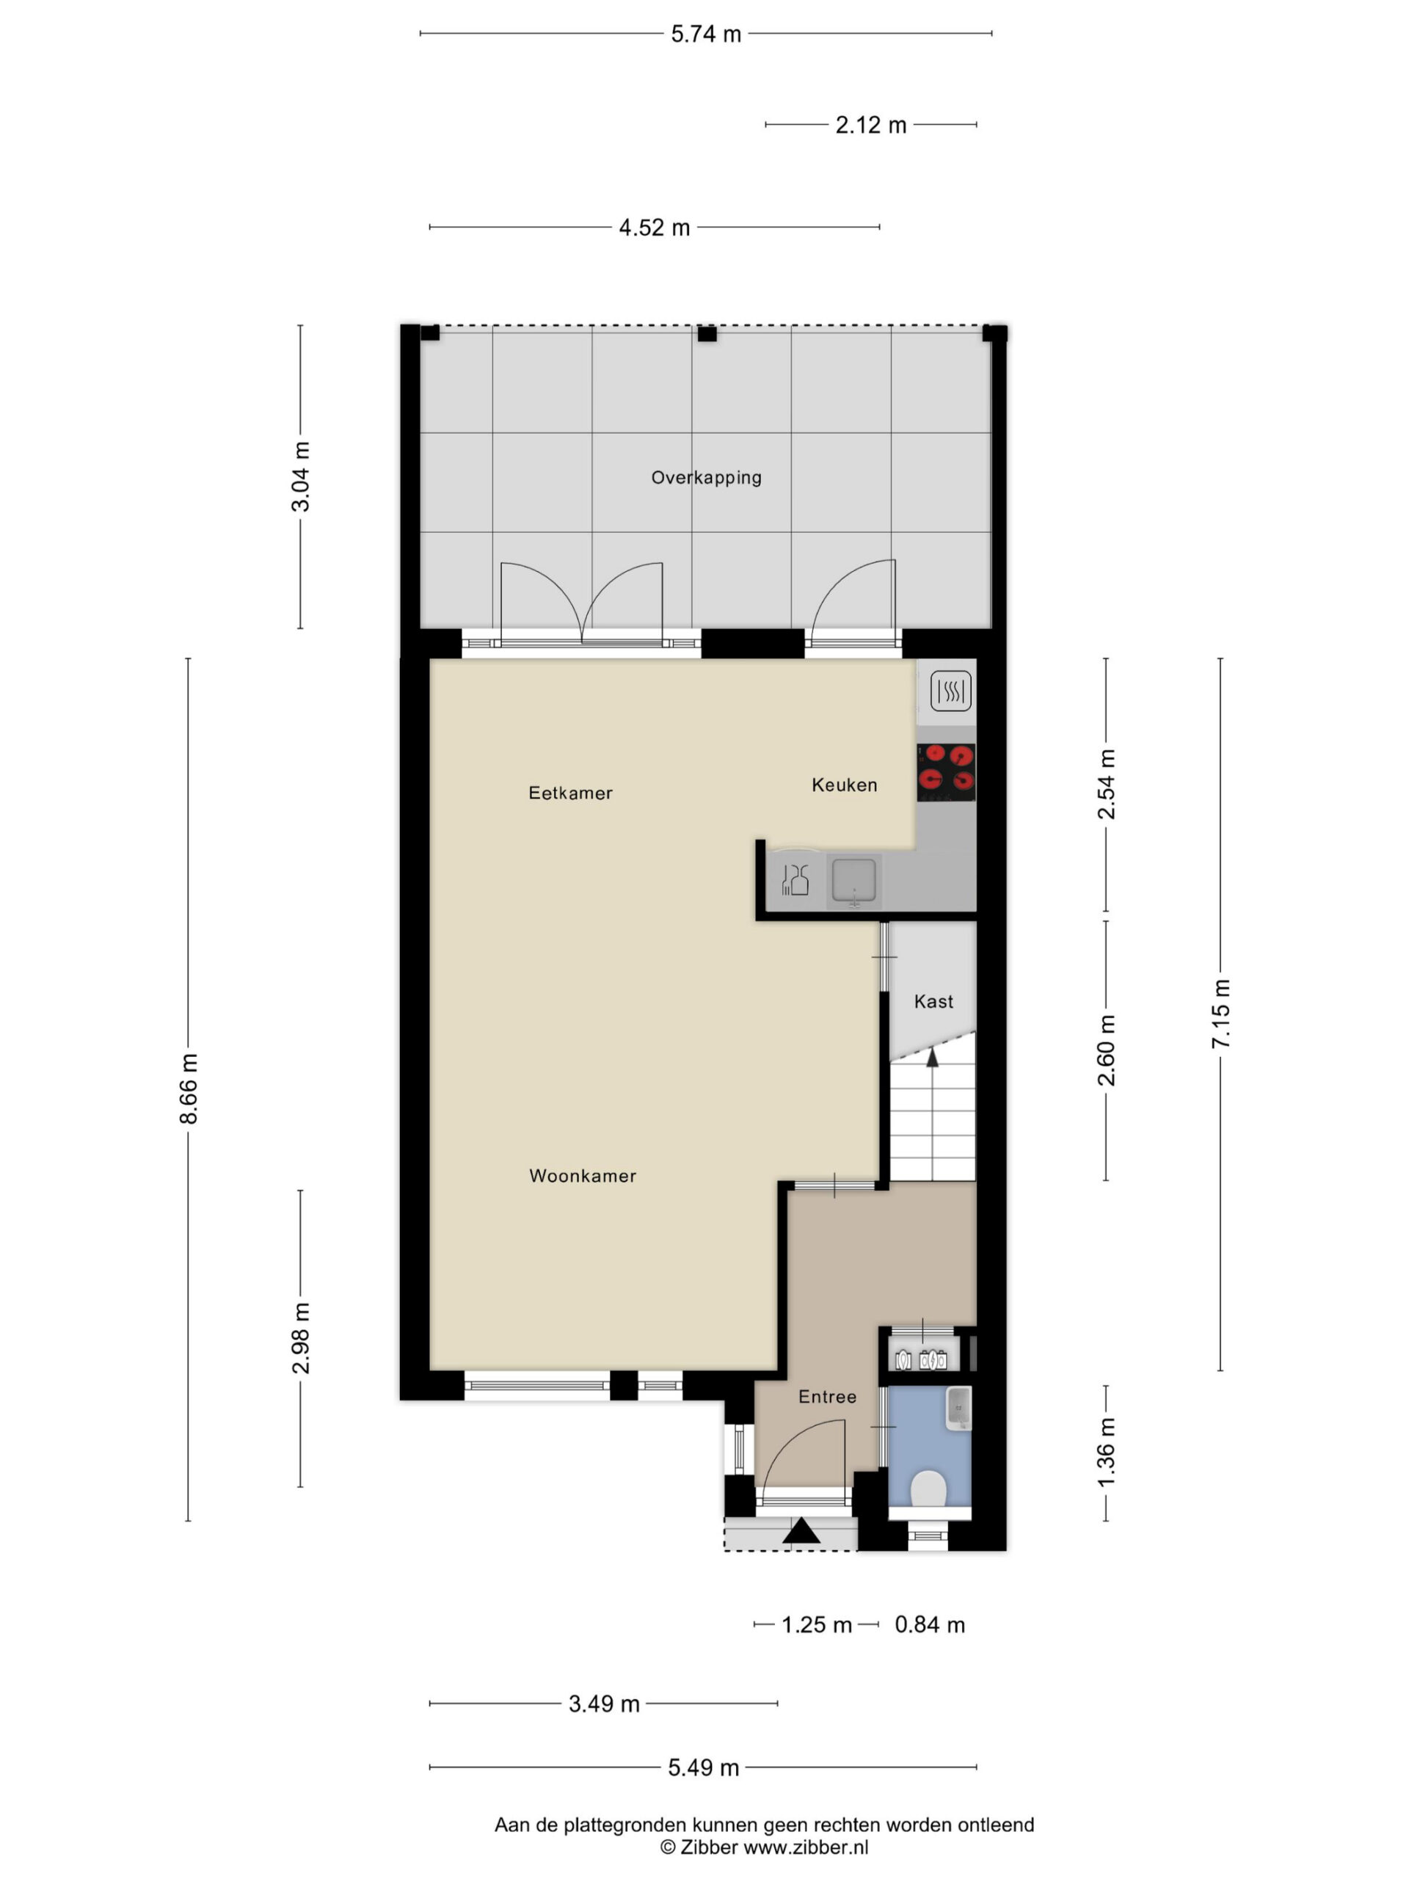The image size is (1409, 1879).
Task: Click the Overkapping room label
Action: click(x=706, y=477)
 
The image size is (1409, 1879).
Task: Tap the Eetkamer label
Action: click(x=570, y=793)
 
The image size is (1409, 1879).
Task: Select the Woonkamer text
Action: click(x=583, y=1176)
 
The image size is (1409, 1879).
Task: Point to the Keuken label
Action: click(x=844, y=785)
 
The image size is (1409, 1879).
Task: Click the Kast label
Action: click(x=933, y=1001)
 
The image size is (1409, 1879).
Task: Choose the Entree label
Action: click(x=827, y=1397)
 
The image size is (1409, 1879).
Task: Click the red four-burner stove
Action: click(x=946, y=772)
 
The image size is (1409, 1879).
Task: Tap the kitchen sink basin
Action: click(x=853, y=879)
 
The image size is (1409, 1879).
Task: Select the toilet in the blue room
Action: click(x=928, y=1489)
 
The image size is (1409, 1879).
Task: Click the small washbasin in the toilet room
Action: click(x=958, y=1409)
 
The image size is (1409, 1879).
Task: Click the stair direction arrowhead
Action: click(x=932, y=1058)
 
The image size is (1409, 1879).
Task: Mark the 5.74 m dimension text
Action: click(x=706, y=34)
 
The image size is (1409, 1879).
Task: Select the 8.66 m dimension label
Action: click(x=189, y=1089)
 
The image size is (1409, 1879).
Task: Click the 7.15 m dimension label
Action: click(x=1220, y=1014)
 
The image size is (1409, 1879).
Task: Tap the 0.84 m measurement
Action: click(x=930, y=1624)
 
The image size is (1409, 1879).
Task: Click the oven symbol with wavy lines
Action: click(x=950, y=691)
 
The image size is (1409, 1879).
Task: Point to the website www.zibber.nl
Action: click(x=806, y=1847)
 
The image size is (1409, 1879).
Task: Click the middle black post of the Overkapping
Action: click(x=707, y=334)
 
